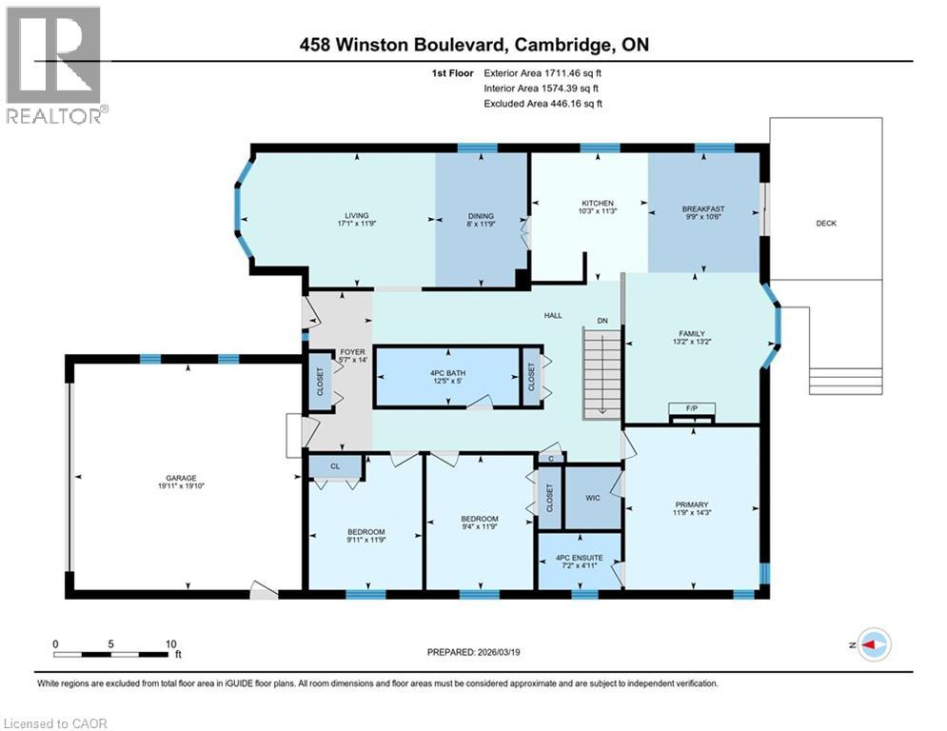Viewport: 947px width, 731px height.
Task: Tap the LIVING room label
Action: pyautogui.click(x=357, y=216)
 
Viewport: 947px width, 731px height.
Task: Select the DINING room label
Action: pyautogui.click(x=481, y=216)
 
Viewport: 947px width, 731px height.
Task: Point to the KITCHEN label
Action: pyautogui.click(x=598, y=204)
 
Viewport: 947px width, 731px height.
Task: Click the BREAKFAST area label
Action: pyautogui.click(x=703, y=209)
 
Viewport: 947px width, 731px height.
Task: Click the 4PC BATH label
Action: pyautogui.click(x=446, y=371)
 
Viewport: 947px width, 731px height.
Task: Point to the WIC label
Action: pyautogui.click(x=592, y=496)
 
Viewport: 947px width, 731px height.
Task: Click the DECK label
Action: pyautogui.click(x=826, y=224)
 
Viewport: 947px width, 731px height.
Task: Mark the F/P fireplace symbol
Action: pyautogui.click(x=691, y=410)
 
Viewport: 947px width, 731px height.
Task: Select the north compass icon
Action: pyautogui.click(x=873, y=644)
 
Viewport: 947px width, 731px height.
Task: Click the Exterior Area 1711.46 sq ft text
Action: pyautogui.click(x=543, y=71)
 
